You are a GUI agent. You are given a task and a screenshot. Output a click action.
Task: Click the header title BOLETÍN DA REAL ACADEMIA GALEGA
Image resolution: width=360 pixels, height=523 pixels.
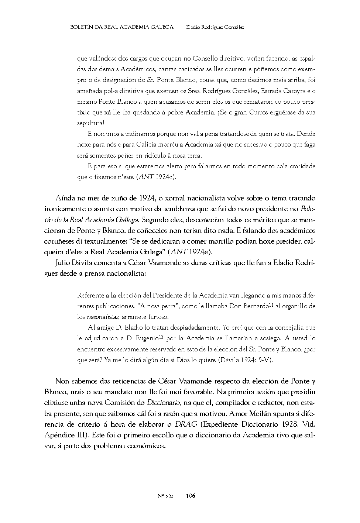[121, 27]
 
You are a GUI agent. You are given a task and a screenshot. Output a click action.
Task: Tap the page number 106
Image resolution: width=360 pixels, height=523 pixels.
[191, 496]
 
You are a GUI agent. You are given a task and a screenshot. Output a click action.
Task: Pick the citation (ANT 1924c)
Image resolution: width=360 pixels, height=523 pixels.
[157, 177]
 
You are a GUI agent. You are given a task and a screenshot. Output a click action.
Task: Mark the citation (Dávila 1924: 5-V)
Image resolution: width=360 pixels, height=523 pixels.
[245, 360]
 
